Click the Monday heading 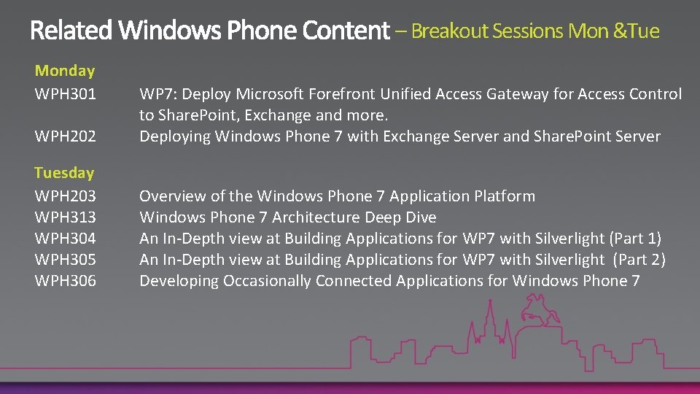65,71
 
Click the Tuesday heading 64,173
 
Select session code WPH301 66,94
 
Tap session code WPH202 66,136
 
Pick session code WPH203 66,196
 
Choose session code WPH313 66,217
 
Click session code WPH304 66,239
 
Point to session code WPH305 66,260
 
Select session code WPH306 66,281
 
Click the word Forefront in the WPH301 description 342,94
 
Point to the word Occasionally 261,281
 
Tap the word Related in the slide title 71,31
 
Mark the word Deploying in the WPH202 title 175,136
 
